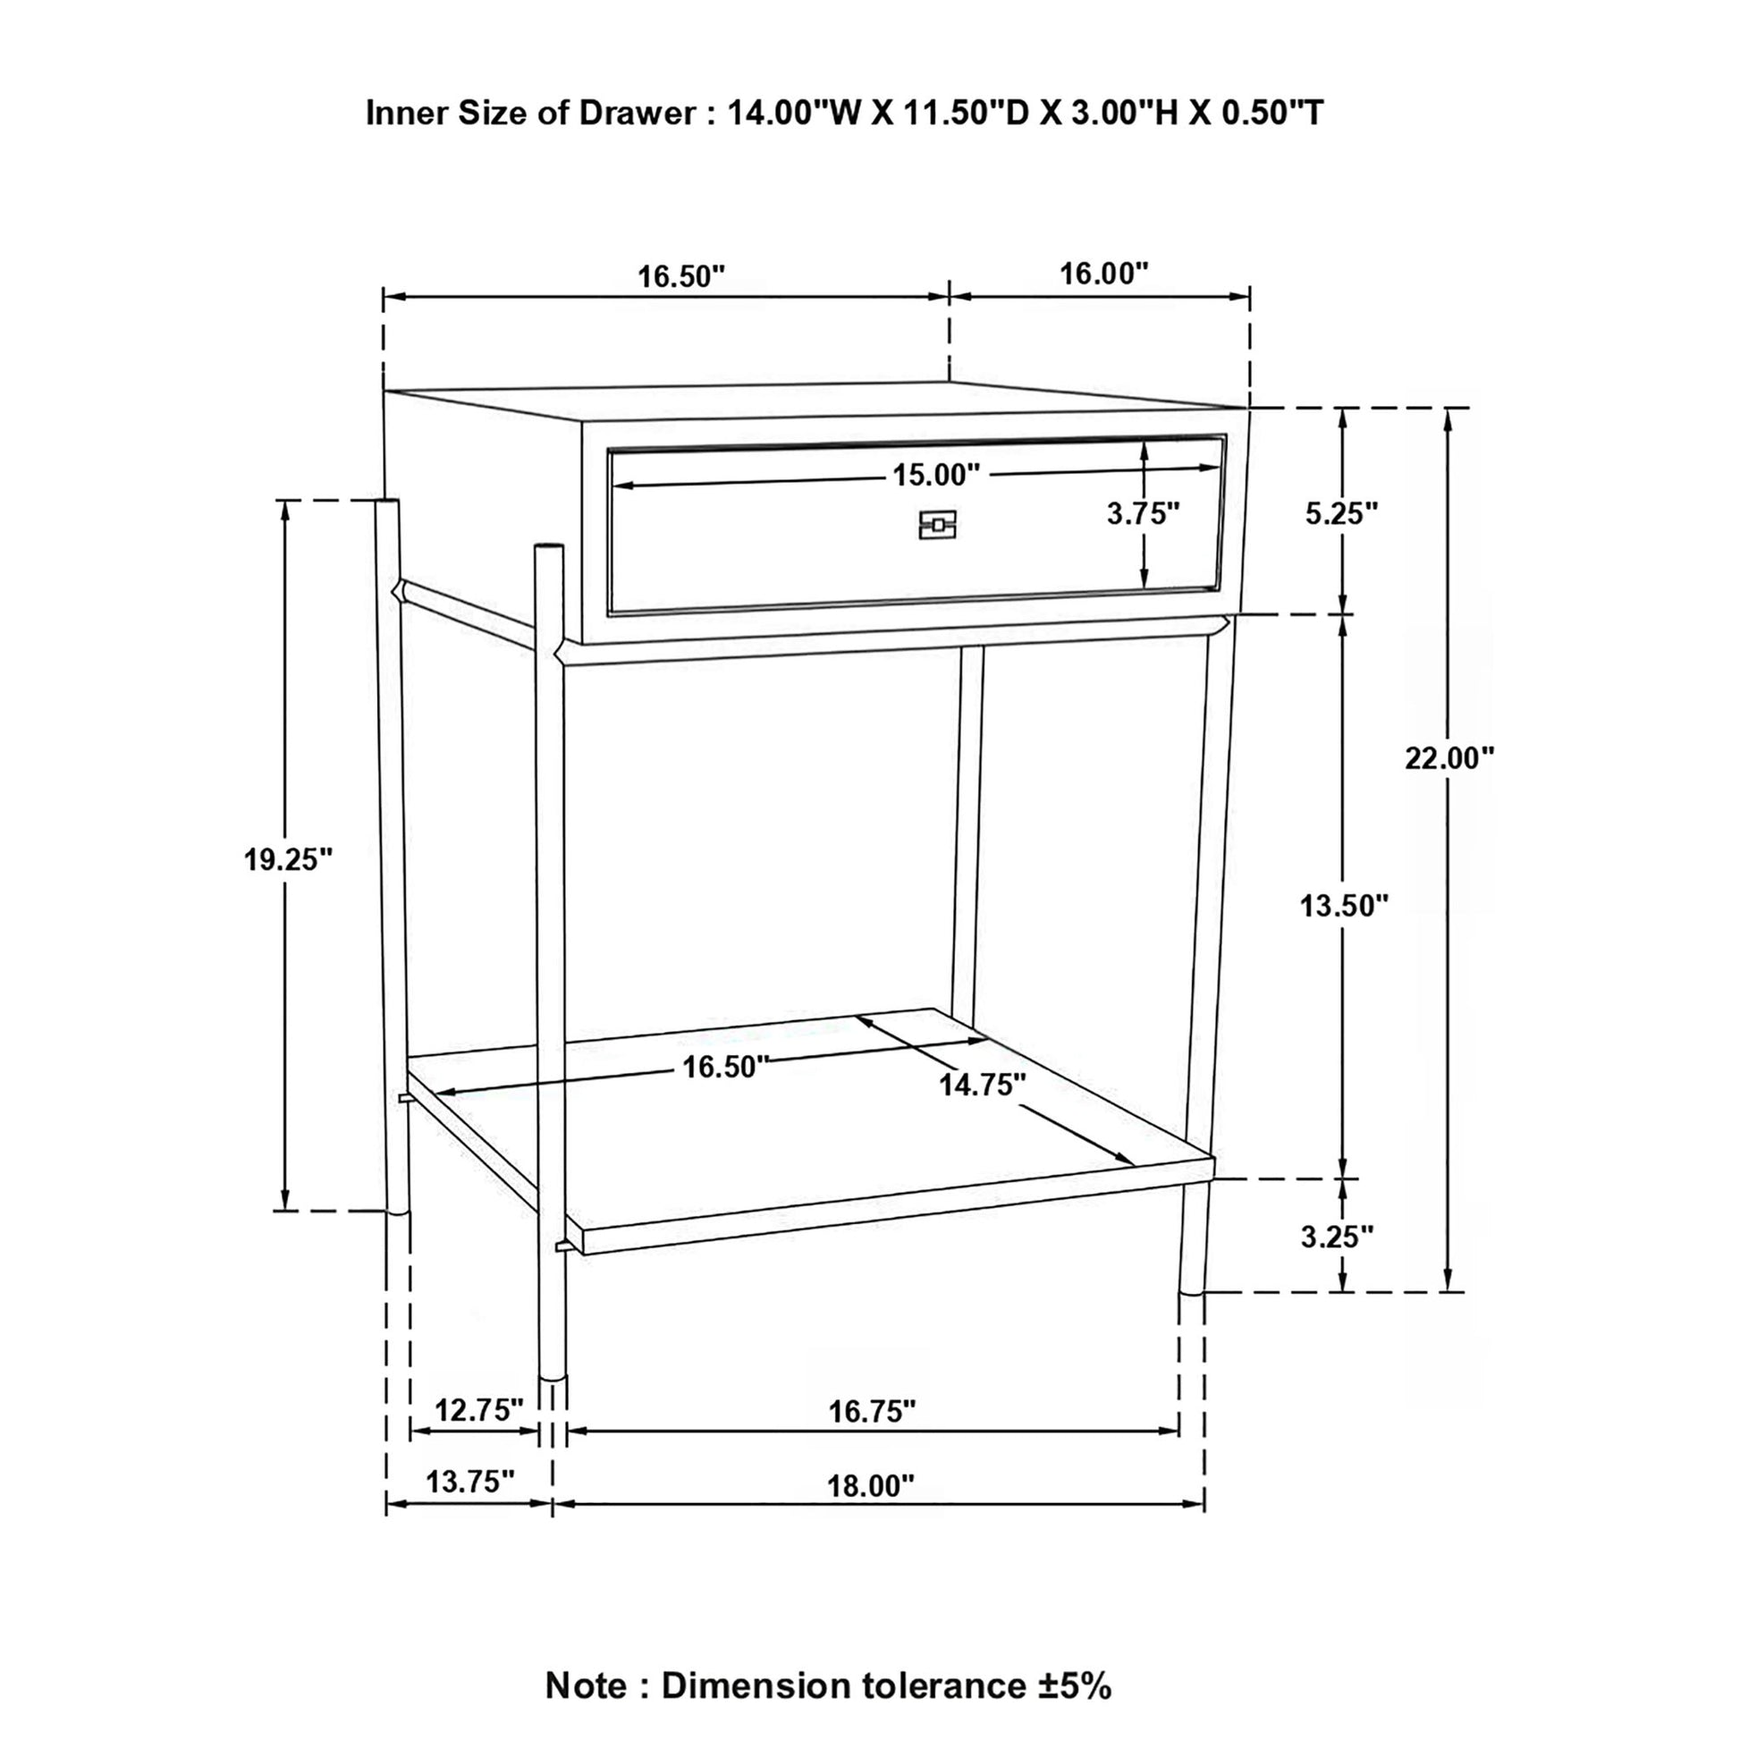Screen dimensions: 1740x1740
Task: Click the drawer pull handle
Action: point(937,525)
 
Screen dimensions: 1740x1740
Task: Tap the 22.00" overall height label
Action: point(1449,758)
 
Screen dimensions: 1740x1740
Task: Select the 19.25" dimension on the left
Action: point(288,860)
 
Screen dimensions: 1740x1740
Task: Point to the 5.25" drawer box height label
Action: point(1342,513)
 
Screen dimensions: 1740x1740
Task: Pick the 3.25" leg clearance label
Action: point(1337,1237)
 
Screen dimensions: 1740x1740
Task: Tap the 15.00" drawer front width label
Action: point(936,475)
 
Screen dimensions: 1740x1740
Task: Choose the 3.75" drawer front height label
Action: point(1143,513)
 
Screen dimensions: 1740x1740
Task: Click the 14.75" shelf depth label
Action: point(983,1085)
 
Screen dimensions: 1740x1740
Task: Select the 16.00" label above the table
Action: point(1103,274)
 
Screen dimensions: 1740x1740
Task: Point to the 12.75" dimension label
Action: point(479,1409)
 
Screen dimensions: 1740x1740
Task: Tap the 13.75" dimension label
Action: point(470,1482)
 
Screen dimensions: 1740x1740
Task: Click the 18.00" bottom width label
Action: point(870,1486)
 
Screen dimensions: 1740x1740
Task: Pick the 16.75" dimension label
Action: point(872,1411)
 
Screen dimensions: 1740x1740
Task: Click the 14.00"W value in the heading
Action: point(793,114)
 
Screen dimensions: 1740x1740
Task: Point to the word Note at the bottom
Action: point(586,1686)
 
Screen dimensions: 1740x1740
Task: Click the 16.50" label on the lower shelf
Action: point(725,1068)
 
